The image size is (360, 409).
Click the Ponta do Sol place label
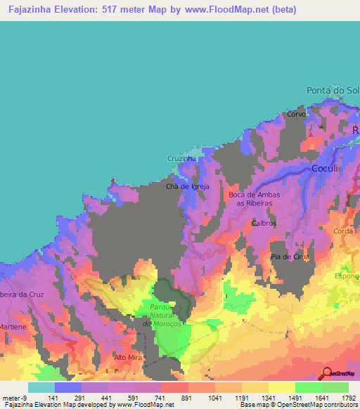(x=333, y=91)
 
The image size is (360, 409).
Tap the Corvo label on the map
(x=296, y=114)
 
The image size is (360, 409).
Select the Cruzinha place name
(x=181, y=159)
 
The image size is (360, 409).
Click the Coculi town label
(x=326, y=169)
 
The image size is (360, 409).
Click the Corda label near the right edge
(x=344, y=231)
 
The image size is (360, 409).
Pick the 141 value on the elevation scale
(x=54, y=397)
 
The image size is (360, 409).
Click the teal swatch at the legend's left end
(x=41, y=387)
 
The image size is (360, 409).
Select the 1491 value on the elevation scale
(x=295, y=397)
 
